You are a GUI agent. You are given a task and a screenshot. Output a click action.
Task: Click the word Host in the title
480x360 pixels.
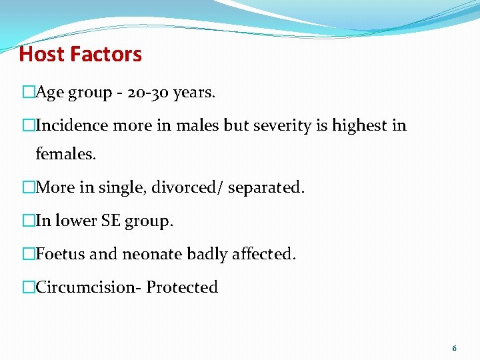pos(41,54)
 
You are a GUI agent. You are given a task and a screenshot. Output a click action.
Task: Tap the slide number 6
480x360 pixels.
pos(455,348)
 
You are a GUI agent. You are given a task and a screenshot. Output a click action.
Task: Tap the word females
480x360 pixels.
pos(66,155)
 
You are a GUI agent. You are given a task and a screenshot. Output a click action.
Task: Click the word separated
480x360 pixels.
pos(266,188)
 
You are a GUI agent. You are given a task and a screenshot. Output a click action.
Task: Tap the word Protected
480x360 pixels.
pos(182,287)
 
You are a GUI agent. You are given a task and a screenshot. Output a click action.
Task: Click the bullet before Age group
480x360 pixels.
pos(28,93)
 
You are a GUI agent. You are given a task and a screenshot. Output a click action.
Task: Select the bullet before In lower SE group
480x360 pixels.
pos(28,221)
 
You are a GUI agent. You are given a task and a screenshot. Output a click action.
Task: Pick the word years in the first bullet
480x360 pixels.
pos(194,93)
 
